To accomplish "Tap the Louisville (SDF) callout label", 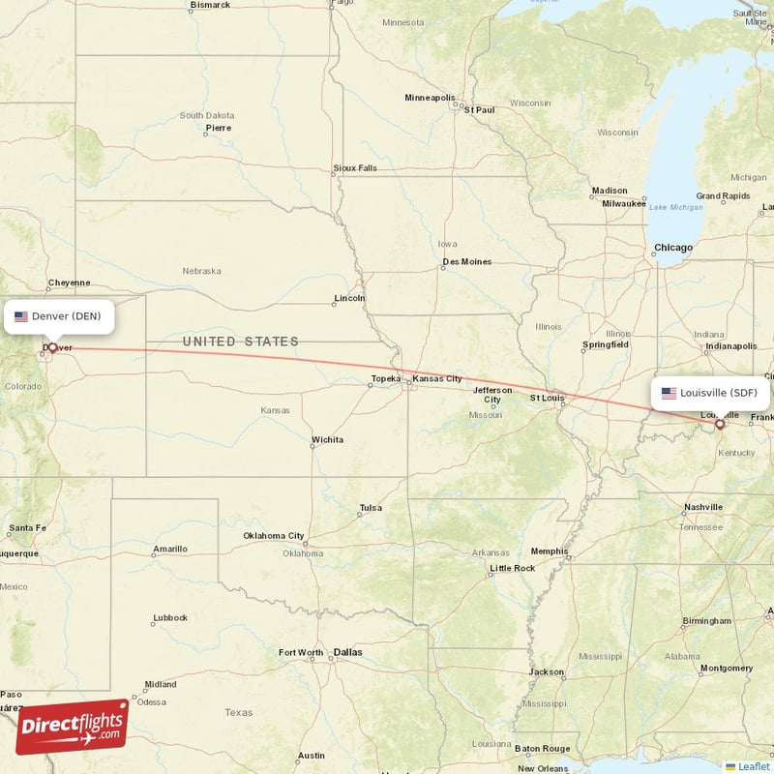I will [x=711, y=393].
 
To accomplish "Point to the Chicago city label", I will [x=673, y=248].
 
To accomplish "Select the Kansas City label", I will [x=437, y=378].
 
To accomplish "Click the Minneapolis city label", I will [x=430, y=98].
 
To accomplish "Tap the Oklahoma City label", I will [x=274, y=535].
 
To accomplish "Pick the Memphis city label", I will [x=550, y=551].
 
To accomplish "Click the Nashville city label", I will [x=703, y=507].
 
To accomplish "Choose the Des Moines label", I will [x=467, y=261].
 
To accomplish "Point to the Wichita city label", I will [x=327, y=440].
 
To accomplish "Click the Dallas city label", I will [x=347, y=652].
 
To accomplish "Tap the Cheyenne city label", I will [x=70, y=283].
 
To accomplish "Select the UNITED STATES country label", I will [x=241, y=342].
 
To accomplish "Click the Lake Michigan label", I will [x=676, y=207].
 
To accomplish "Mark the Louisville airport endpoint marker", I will [x=719, y=424].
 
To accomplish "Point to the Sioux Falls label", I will [x=355, y=167].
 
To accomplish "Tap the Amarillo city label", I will [x=169, y=550].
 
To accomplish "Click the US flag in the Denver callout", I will [x=21, y=316].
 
